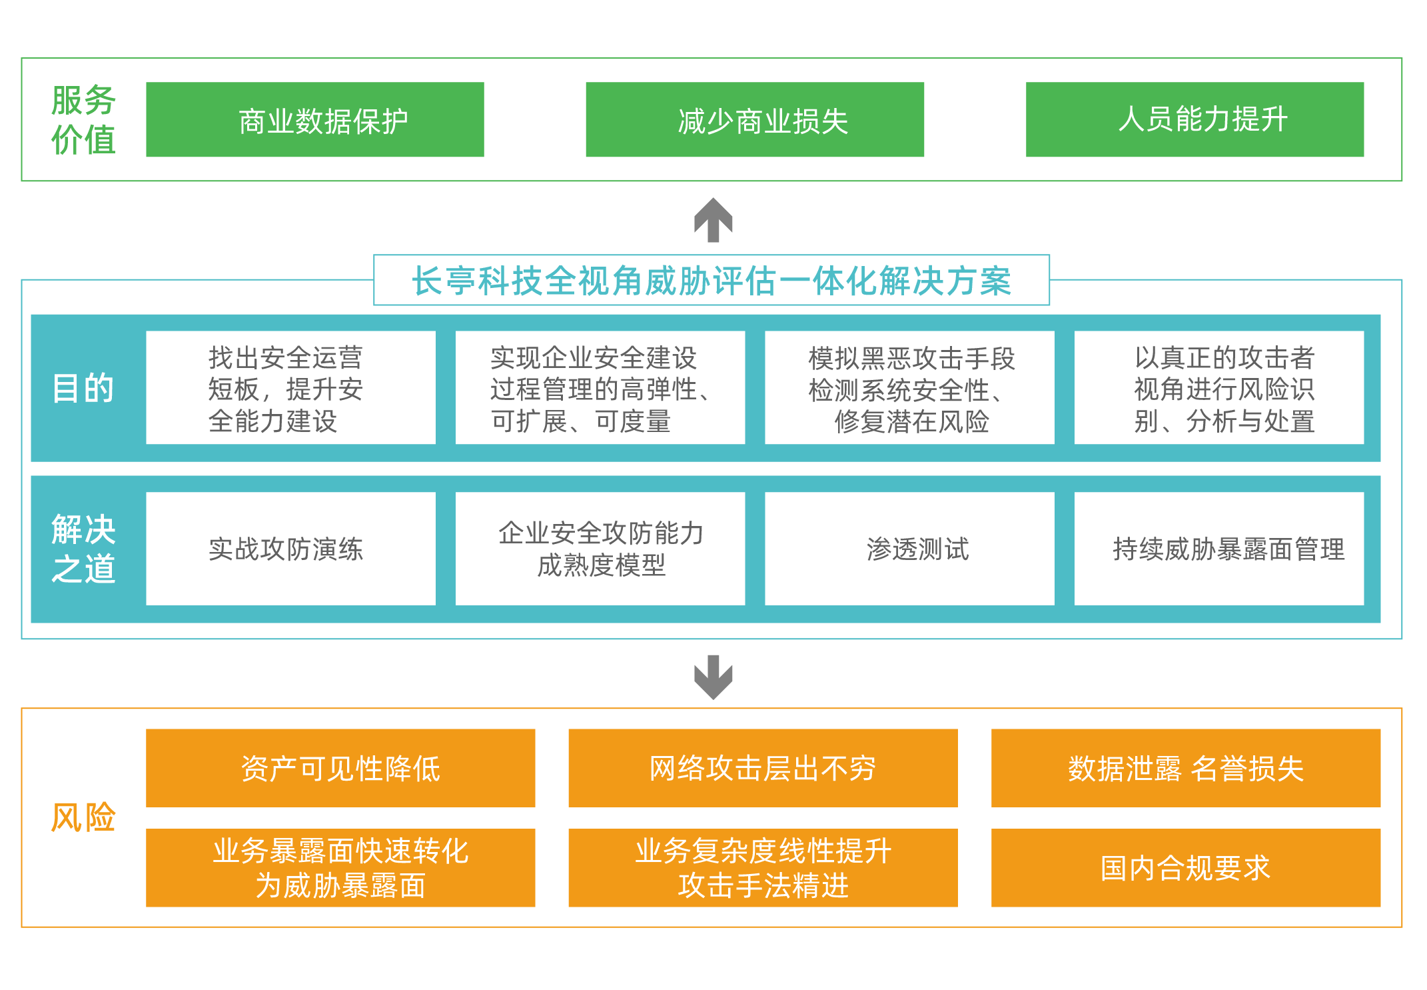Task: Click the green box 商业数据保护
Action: (315, 119)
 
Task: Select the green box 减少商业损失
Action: (755, 119)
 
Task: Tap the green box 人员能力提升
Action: (1194, 119)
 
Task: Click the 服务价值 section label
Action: (83, 120)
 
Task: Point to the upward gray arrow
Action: (713, 220)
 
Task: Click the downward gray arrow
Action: (713, 677)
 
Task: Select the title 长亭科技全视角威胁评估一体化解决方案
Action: (712, 280)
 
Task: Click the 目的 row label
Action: (83, 388)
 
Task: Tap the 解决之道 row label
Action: (83, 549)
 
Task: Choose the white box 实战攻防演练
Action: (290, 549)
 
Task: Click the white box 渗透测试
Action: (909, 549)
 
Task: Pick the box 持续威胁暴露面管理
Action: (1219, 549)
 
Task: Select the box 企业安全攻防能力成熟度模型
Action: (600, 549)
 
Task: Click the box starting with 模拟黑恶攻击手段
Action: (909, 387)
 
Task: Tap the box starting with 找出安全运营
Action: (290, 387)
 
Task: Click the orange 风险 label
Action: (83, 817)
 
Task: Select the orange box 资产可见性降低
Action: (340, 768)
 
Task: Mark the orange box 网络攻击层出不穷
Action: (763, 768)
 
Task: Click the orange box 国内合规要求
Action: (1186, 868)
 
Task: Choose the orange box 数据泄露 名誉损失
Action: (1186, 768)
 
